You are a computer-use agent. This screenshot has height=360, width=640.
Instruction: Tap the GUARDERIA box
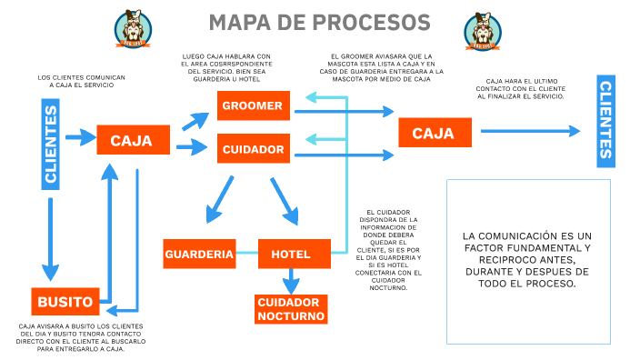pos(199,254)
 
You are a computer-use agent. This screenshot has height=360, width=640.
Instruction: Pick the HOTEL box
pos(291,254)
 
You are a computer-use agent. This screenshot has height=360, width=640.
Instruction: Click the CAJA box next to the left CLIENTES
pos(131,141)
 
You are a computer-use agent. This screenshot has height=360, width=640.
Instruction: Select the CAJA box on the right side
pos(433,133)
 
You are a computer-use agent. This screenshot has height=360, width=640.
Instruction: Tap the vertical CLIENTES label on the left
pos(51,146)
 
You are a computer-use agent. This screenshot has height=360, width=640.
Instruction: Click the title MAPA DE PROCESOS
pos(319,22)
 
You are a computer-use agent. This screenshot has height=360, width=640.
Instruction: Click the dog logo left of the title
pos(133,30)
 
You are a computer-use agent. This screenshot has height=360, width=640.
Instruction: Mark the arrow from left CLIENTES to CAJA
pos(82,138)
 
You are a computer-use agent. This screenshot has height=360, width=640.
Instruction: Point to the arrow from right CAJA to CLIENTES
pos(529,131)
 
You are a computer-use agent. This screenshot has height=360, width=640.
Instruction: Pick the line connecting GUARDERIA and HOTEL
pos(246,253)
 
